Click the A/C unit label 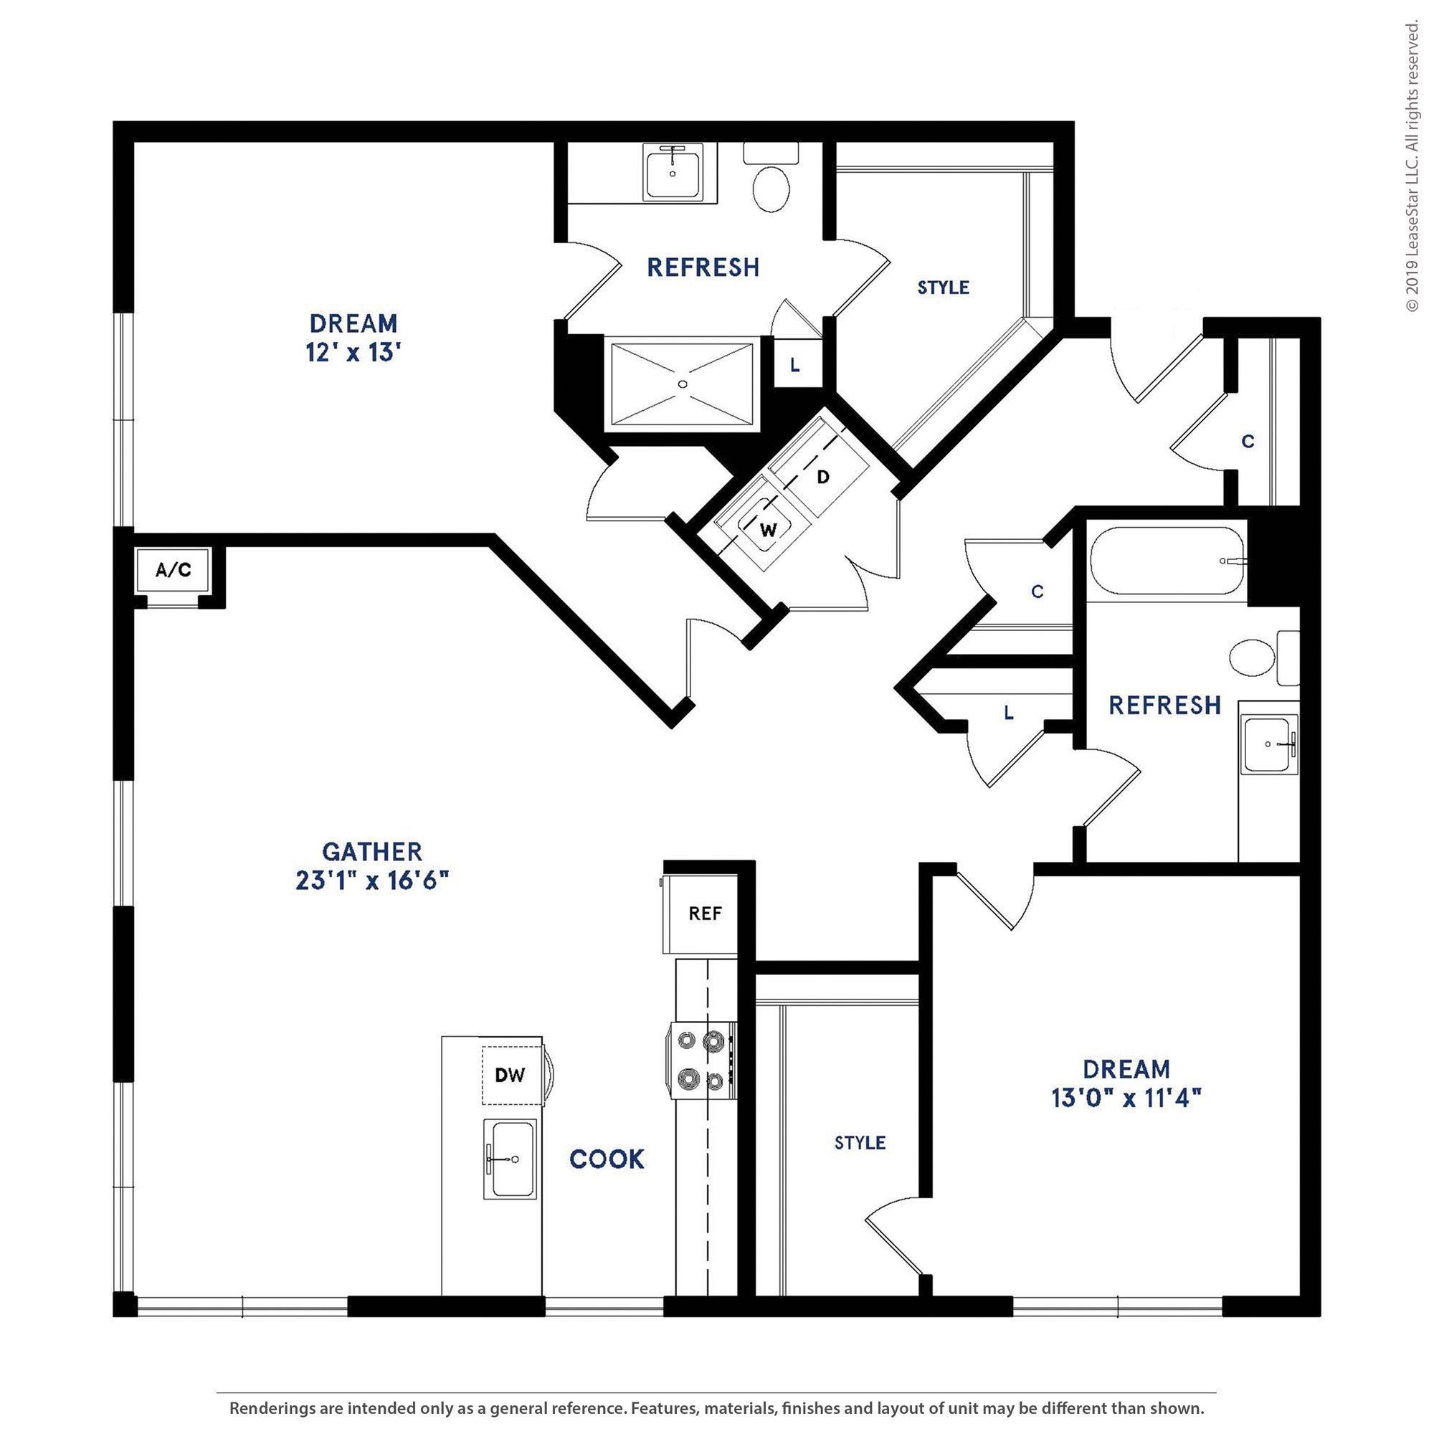click(x=173, y=570)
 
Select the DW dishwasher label click(x=510, y=1074)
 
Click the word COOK click(x=607, y=1159)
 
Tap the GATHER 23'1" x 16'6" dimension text click(x=373, y=881)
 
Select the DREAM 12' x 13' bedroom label click(x=353, y=338)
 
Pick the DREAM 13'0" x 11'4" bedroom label click(x=1126, y=1083)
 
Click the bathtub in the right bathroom click(x=1167, y=561)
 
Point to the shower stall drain click(x=683, y=384)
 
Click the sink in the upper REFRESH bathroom click(x=673, y=171)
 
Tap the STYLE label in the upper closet click(x=944, y=288)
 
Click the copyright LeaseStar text click(x=1412, y=167)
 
